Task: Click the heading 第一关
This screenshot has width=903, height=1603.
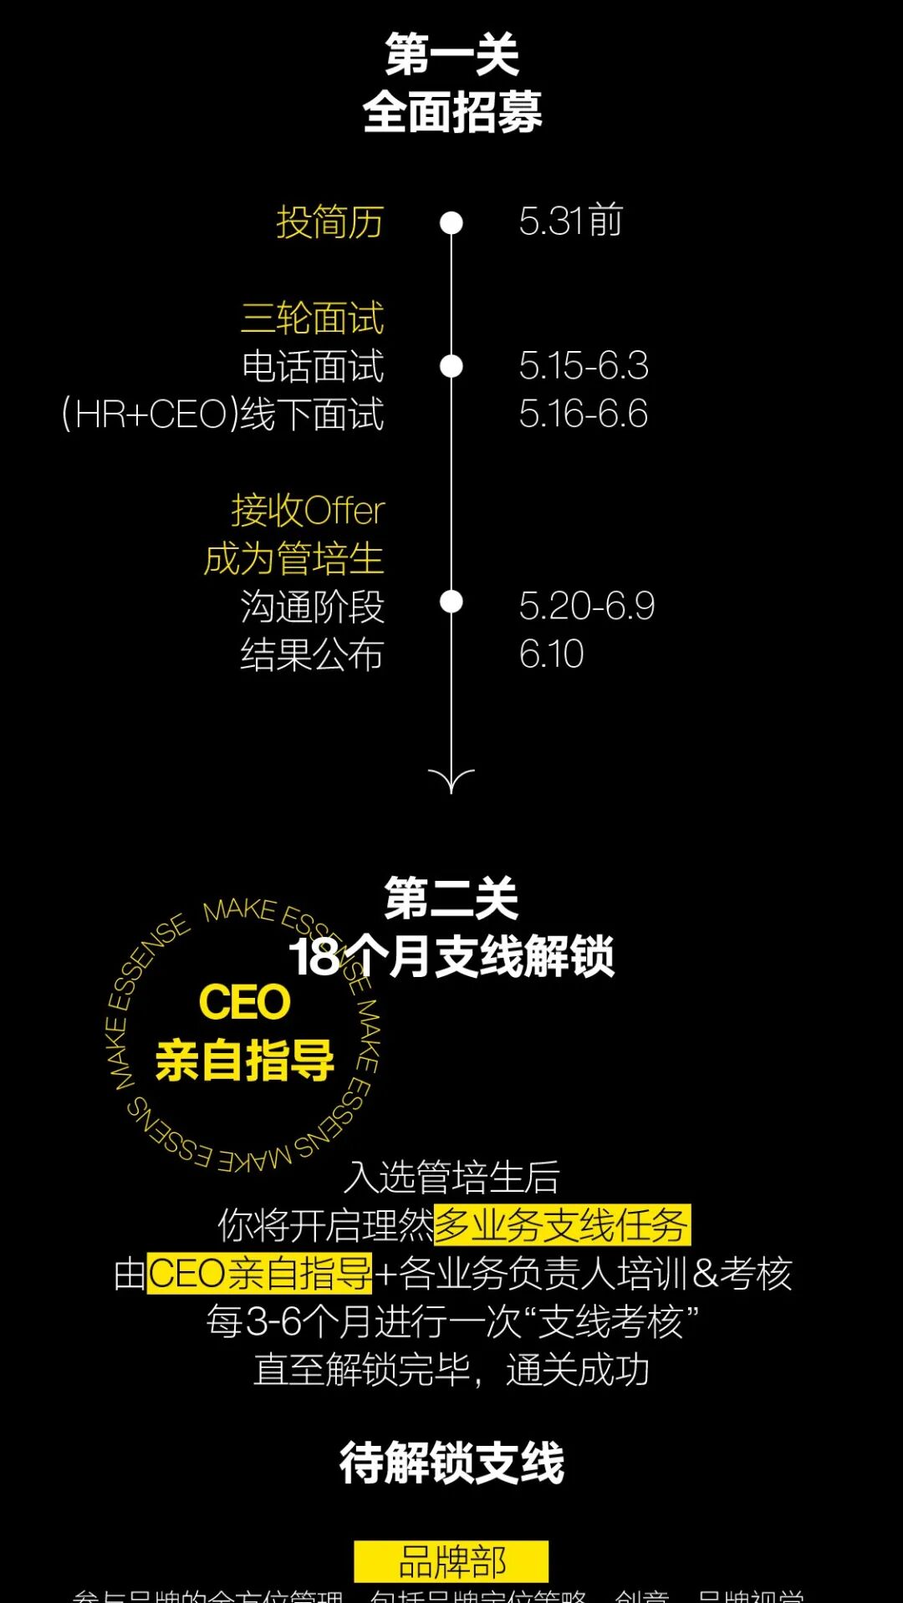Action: (451, 55)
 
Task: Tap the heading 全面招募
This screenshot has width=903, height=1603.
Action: (451, 112)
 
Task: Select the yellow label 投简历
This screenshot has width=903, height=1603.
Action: (329, 222)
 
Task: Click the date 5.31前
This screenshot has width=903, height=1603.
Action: (570, 221)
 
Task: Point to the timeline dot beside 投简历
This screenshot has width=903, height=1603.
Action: (451, 223)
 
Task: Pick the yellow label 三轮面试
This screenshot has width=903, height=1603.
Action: (313, 318)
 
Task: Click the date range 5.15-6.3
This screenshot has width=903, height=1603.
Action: (583, 366)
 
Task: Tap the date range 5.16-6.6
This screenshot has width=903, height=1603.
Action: (583, 415)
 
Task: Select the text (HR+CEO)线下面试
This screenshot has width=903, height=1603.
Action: (223, 415)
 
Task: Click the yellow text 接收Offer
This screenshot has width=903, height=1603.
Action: (308, 511)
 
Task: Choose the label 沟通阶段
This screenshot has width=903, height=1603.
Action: (312, 607)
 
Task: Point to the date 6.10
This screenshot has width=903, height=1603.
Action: (551, 654)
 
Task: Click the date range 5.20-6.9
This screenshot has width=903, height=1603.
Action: (586, 607)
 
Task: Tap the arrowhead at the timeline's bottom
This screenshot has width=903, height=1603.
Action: (451, 782)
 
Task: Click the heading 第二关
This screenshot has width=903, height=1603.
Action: (451, 899)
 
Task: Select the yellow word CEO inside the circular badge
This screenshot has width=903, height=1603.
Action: (244, 1002)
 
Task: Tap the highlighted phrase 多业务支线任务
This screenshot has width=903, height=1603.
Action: (562, 1225)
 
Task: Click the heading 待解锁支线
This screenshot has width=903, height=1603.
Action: (451, 1463)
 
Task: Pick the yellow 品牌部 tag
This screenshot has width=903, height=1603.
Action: (451, 1561)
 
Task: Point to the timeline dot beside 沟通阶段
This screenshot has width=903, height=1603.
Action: (451, 602)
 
